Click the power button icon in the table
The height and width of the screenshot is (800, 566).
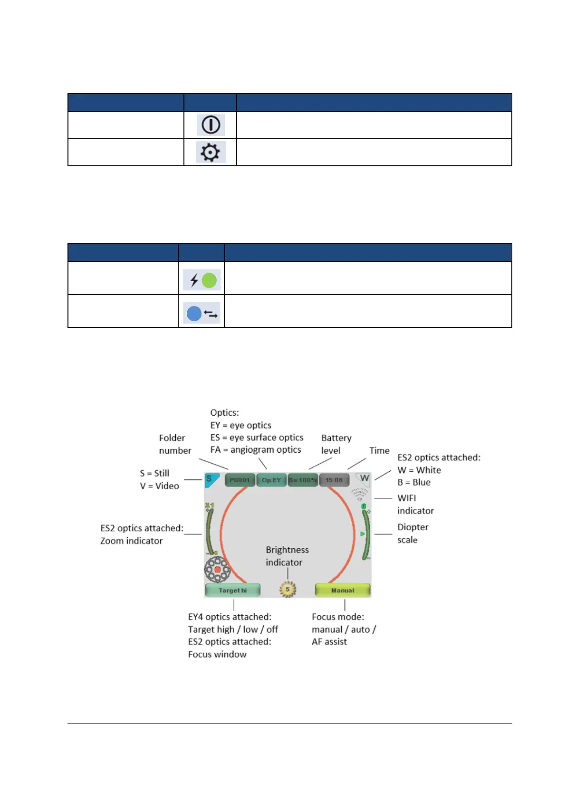(x=211, y=125)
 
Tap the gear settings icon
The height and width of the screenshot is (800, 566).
(x=211, y=152)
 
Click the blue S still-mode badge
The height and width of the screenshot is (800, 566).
(x=210, y=479)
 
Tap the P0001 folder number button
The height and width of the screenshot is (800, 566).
(x=240, y=480)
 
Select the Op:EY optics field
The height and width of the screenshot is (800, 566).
(x=271, y=480)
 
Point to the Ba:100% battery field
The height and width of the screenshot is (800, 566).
(x=303, y=480)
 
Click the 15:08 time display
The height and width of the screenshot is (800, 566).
(x=334, y=480)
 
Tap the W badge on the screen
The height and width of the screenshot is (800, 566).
(x=364, y=479)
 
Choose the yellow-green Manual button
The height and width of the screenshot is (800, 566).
(x=343, y=590)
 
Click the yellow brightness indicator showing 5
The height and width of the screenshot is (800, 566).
(x=288, y=590)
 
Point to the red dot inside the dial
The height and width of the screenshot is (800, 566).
(x=218, y=570)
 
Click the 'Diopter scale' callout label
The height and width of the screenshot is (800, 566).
(x=413, y=533)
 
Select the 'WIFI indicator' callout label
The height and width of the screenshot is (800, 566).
(x=415, y=505)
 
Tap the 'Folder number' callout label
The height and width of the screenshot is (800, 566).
(x=175, y=444)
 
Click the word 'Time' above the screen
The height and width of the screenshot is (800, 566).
(x=379, y=451)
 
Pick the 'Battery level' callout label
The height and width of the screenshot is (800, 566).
(x=336, y=444)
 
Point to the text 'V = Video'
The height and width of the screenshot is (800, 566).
(x=159, y=486)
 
